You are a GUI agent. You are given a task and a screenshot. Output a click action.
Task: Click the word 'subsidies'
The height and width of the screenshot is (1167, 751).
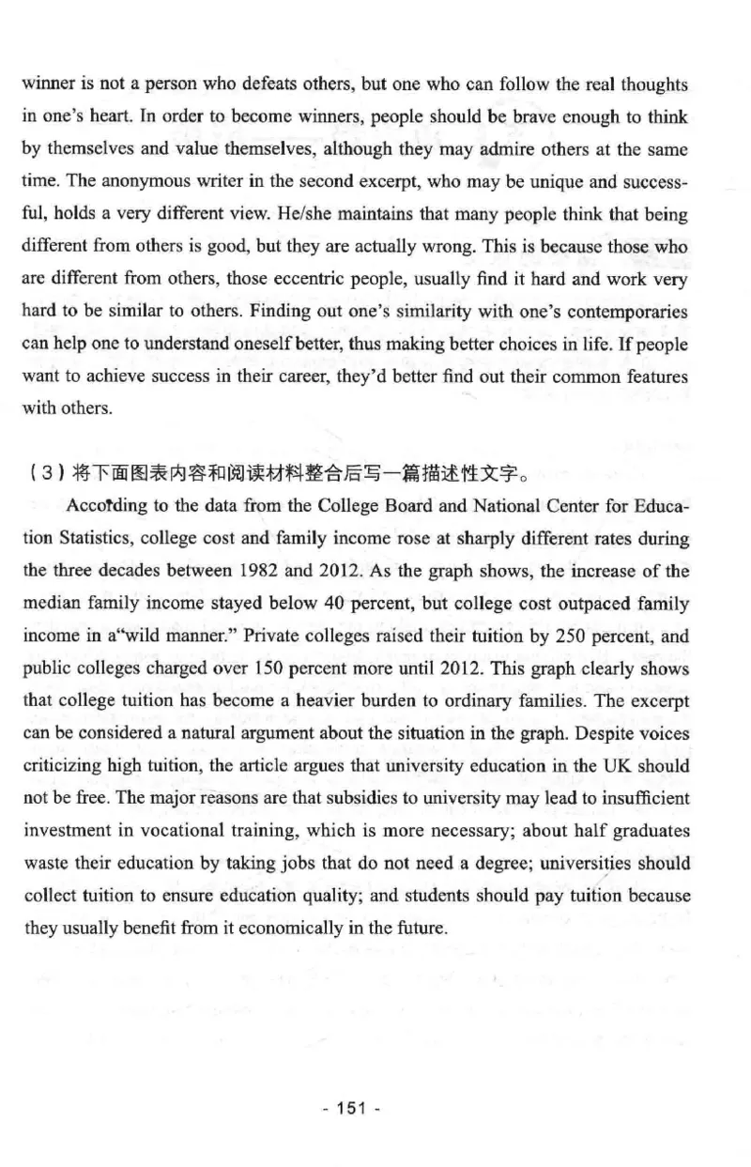pos(340,798)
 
